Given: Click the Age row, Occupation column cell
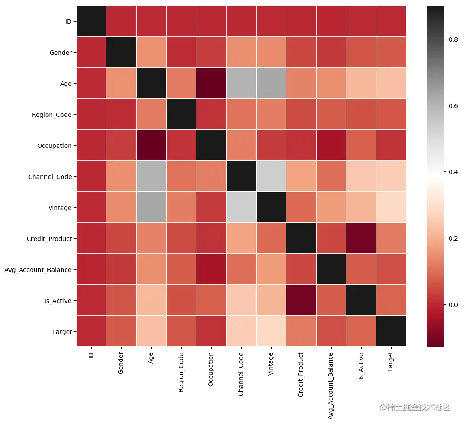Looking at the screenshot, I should tap(211, 83).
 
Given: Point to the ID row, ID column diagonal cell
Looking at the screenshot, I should tap(91, 21).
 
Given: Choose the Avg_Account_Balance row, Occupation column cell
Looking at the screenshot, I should tap(211, 269).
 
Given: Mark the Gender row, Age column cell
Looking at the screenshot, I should tap(151, 52).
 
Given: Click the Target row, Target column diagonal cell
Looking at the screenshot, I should tap(391, 331).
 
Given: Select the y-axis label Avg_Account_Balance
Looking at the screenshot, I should tap(38, 269).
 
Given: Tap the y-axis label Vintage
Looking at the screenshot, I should tap(60, 207).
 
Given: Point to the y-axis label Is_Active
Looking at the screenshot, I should tap(59, 300).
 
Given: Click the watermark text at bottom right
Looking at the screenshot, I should tap(415, 407).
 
